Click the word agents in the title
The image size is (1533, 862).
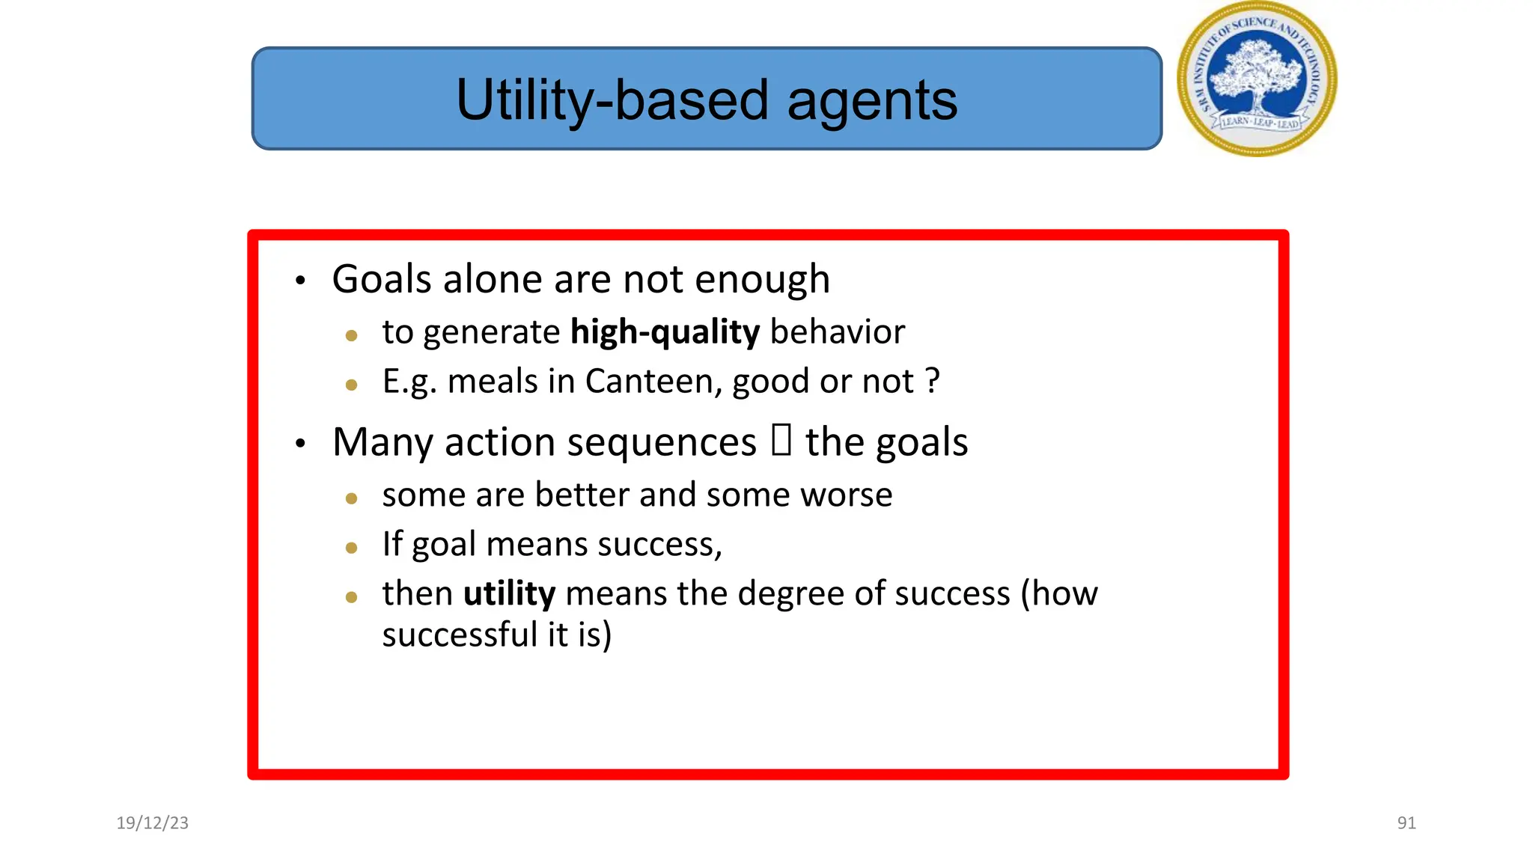tap(871, 100)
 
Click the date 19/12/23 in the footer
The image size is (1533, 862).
tap(153, 823)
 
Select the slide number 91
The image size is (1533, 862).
tap(1406, 823)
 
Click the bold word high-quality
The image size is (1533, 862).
tap(665, 332)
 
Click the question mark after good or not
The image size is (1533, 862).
tap(932, 382)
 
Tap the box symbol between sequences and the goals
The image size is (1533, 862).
tap(781, 440)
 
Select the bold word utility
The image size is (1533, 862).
tap(509, 594)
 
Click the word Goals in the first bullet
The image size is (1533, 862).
tap(382, 280)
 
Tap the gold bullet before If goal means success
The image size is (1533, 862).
tap(352, 548)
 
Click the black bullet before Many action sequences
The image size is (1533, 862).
tap(300, 444)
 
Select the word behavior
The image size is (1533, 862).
tap(837, 332)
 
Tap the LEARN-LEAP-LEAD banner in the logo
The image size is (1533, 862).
tap(1261, 122)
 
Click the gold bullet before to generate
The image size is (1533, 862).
tap(352, 336)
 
